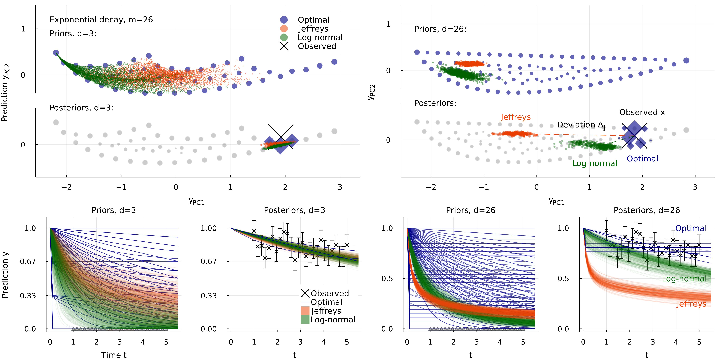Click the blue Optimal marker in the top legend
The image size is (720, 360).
(x=284, y=20)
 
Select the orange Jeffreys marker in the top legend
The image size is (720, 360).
(x=284, y=28)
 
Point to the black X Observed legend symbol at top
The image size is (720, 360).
(x=284, y=46)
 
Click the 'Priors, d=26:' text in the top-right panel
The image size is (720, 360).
(x=440, y=29)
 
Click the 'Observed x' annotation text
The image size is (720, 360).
(x=642, y=112)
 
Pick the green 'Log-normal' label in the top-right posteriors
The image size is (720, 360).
(x=594, y=163)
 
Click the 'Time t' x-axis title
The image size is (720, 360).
(x=114, y=355)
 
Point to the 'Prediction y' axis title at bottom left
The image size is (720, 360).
(x=5, y=275)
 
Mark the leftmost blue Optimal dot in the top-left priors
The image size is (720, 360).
(x=56, y=53)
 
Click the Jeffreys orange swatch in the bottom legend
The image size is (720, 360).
(x=305, y=311)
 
